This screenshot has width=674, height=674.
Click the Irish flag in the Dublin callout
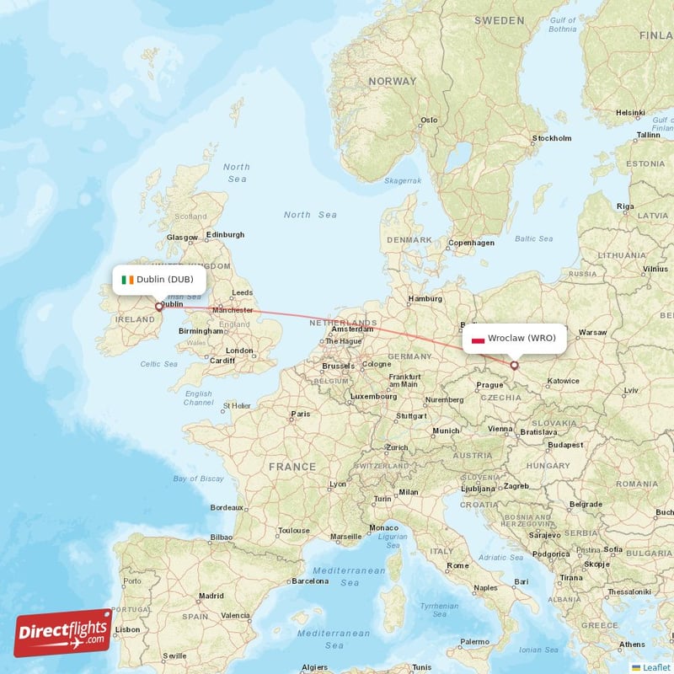tap(127, 279)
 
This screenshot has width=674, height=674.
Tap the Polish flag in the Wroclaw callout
tap(478, 339)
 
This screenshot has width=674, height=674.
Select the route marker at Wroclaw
tap(515, 366)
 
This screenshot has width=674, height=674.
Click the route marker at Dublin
tap(158, 307)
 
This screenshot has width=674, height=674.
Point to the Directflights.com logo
tap(62, 633)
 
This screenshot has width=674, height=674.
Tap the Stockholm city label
tap(552, 138)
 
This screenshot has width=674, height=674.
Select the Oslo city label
tap(430, 120)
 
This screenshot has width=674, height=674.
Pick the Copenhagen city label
tap(471, 243)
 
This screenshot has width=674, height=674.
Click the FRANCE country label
tap(292, 466)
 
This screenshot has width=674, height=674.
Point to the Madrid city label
tap(211, 596)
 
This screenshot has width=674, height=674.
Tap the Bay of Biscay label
tap(198, 479)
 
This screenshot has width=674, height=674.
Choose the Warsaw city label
tap(592, 332)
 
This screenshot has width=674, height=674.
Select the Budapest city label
tap(564, 444)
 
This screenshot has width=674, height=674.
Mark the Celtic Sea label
tap(159, 364)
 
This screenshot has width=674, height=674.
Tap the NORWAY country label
tap(392, 82)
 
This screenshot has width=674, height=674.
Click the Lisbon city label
tap(127, 629)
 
